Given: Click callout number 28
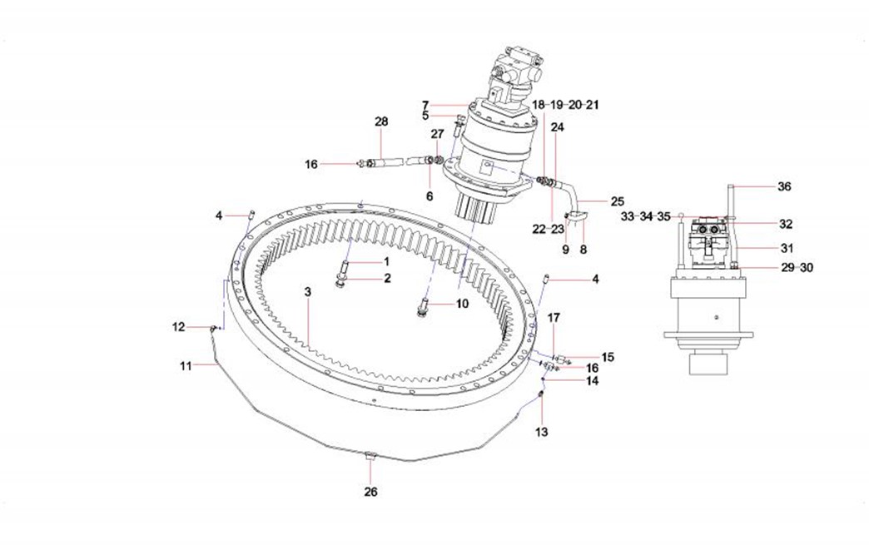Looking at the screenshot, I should pyautogui.click(x=381, y=121).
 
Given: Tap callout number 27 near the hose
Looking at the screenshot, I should pyautogui.click(x=438, y=134).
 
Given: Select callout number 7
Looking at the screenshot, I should pyautogui.click(x=425, y=105).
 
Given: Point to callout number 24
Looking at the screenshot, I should pyautogui.click(x=557, y=127).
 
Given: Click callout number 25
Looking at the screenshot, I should pyautogui.click(x=617, y=201).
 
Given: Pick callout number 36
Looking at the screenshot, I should pyautogui.click(x=784, y=186).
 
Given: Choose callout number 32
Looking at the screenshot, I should pyautogui.click(x=786, y=224).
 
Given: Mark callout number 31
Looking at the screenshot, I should pyautogui.click(x=786, y=247).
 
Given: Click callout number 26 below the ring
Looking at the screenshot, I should pyautogui.click(x=370, y=492).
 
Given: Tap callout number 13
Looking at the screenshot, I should pyautogui.click(x=541, y=432).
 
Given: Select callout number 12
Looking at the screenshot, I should pyautogui.click(x=178, y=327).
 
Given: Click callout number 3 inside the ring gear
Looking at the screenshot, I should pyautogui.click(x=307, y=292).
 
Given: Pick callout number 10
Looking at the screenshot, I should pyautogui.click(x=462, y=304).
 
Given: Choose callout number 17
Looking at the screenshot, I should pyautogui.click(x=554, y=317).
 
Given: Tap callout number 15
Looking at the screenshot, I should pyautogui.click(x=608, y=357).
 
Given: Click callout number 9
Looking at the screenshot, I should pyautogui.click(x=565, y=249).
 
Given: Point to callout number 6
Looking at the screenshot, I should pyautogui.click(x=430, y=196).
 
